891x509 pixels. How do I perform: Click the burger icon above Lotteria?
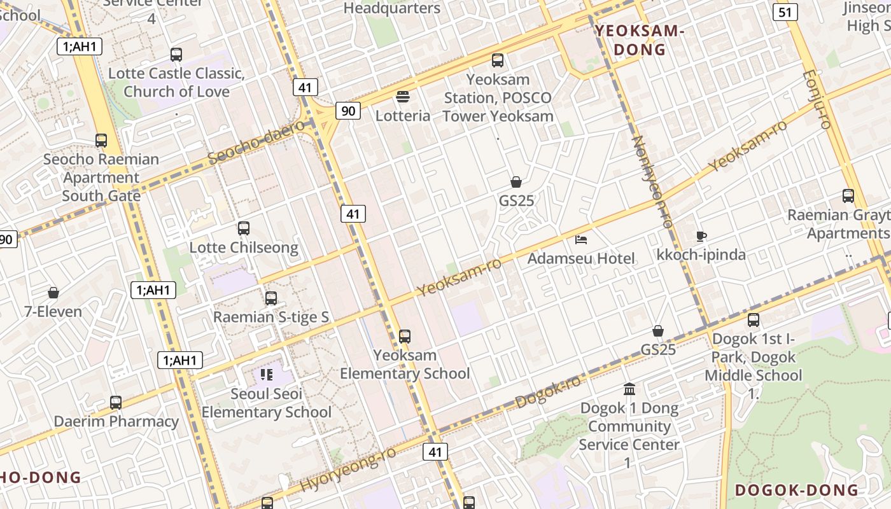pos(402,97)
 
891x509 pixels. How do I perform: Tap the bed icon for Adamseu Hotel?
pos(581,239)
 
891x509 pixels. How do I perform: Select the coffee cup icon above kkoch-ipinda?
pos(701,236)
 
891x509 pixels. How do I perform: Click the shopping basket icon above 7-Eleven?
pos(53,293)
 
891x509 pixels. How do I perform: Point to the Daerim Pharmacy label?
pos(116,421)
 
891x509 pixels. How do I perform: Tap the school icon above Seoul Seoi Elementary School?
pos(267,374)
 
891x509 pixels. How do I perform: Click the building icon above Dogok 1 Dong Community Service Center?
pos(629,389)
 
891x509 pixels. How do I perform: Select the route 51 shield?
pos(785,11)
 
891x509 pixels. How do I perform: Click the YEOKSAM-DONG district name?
pos(640,40)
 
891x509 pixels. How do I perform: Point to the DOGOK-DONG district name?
pos(797,490)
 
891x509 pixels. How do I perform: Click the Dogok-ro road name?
pos(548,391)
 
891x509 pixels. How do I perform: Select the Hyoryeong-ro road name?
pos(348,470)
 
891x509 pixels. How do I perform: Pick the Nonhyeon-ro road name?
pos(652,181)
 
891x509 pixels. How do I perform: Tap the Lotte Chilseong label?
pos(244,248)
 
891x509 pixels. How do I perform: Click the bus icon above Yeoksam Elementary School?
pos(405,337)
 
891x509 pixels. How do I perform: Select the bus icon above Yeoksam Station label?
pos(498,60)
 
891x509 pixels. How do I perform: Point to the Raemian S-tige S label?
pos(271,317)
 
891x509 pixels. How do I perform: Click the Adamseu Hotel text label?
pos(581,258)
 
